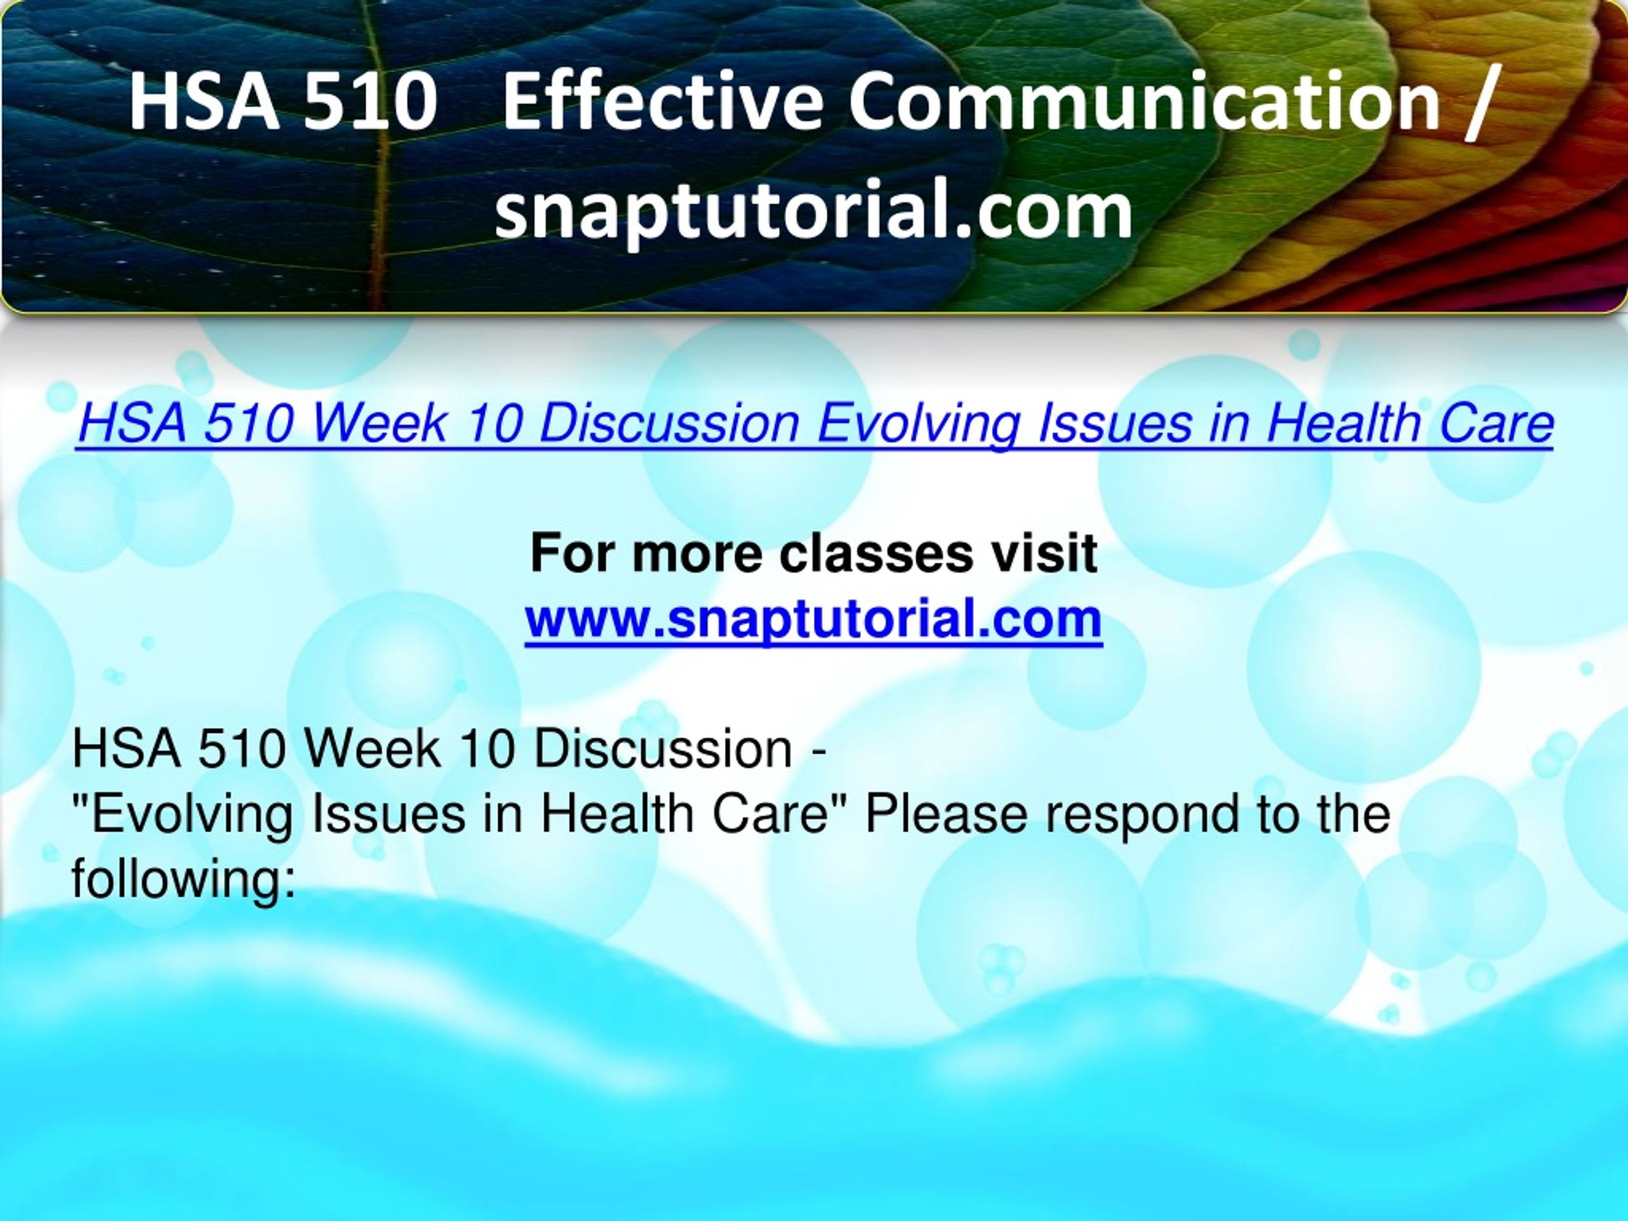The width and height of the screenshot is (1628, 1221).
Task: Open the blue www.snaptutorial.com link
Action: coord(813,619)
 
